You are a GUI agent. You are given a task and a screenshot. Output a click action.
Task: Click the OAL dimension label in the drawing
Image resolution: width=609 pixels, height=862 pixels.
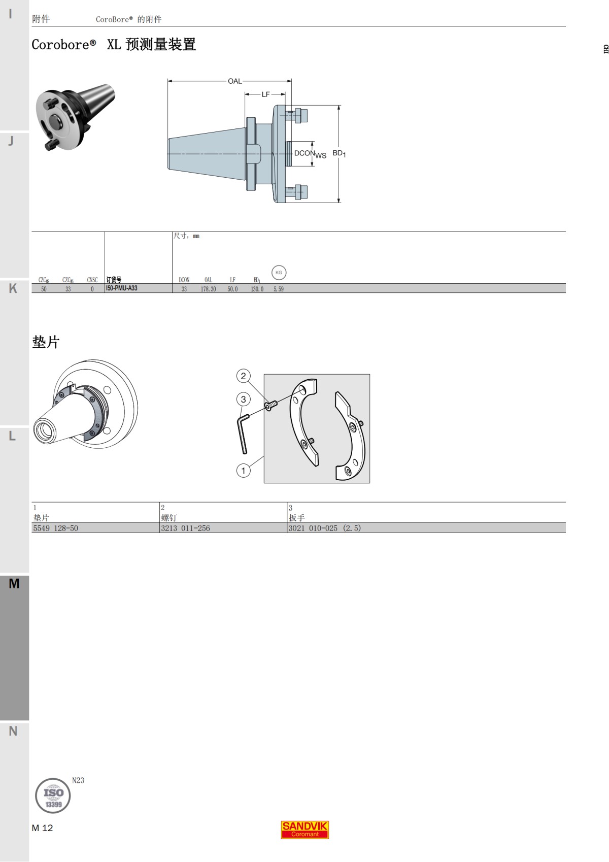click(x=234, y=81)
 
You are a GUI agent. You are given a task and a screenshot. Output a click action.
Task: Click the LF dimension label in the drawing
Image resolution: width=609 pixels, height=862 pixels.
click(x=265, y=94)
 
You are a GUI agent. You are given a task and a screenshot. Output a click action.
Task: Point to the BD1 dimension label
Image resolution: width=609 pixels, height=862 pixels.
click(x=339, y=153)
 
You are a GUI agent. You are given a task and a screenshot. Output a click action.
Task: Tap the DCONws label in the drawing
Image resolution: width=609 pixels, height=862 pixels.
click(x=310, y=154)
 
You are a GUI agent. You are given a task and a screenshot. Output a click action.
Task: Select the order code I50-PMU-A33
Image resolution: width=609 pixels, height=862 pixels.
click(x=122, y=288)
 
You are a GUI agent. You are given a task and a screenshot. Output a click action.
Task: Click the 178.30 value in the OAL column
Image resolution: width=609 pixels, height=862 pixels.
click(x=208, y=289)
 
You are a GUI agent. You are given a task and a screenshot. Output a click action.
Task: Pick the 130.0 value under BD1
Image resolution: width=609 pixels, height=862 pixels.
click(x=257, y=289)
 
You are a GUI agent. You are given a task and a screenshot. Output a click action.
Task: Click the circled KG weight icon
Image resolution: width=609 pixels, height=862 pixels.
click(x=279, y=273)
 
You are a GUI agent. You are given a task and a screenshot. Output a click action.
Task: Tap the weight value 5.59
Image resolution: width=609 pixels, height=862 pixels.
click(x=279, y=289)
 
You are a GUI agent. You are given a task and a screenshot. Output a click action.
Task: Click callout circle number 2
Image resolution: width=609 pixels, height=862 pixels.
click(x=244, y=376)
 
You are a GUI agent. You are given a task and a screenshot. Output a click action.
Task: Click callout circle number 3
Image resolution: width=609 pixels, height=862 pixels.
click(x=244, y=399)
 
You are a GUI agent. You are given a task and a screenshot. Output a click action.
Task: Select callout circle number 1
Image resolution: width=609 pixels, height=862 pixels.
click(x=244, y=471)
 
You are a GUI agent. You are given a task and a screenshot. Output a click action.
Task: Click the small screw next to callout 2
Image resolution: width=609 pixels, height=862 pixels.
click(x=270, y=405)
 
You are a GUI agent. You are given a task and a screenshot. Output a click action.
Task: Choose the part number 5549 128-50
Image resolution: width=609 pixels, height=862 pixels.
click(x=56, y=528)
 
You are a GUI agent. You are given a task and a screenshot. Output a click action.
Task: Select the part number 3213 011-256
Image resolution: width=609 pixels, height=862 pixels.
click(x=185, y=528)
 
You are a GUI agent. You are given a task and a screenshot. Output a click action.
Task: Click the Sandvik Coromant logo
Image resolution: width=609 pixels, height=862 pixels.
click(x=305, y=830)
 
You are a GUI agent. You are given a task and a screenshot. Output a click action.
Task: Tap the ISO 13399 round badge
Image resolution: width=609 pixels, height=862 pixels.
click(x=53, y=796)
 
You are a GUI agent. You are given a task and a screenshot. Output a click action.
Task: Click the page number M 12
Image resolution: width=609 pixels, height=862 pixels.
click(x=42, y=828)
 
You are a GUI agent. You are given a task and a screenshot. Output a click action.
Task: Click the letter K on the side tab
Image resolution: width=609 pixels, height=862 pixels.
click(x=13, y=288)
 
